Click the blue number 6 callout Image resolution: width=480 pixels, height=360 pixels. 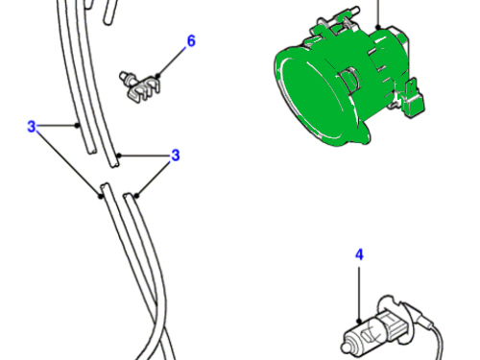tap(191, 41)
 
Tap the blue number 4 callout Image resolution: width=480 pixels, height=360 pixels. tap(360, 255)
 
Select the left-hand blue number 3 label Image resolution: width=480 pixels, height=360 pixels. tap(32, 127)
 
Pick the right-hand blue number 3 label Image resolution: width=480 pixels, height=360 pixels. tap(176, 156)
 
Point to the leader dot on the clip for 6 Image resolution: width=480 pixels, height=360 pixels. tap(157, 76)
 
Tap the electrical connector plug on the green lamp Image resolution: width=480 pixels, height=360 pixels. tap(413, 100)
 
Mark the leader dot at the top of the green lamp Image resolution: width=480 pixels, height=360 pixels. tap(378, 28)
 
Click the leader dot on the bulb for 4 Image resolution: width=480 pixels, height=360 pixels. tap(359, 321)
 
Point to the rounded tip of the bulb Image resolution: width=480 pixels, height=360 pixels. tap(345, 348)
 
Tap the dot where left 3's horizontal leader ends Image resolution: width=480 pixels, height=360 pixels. tap(77, 126)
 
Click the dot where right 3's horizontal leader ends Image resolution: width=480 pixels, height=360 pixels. tap(119, 156)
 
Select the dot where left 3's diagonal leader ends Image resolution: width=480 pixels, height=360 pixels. tap(101, 196)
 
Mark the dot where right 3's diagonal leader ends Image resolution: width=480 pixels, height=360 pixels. tap(137, 196)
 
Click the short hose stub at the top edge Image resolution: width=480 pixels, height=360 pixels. tap(109, 12)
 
